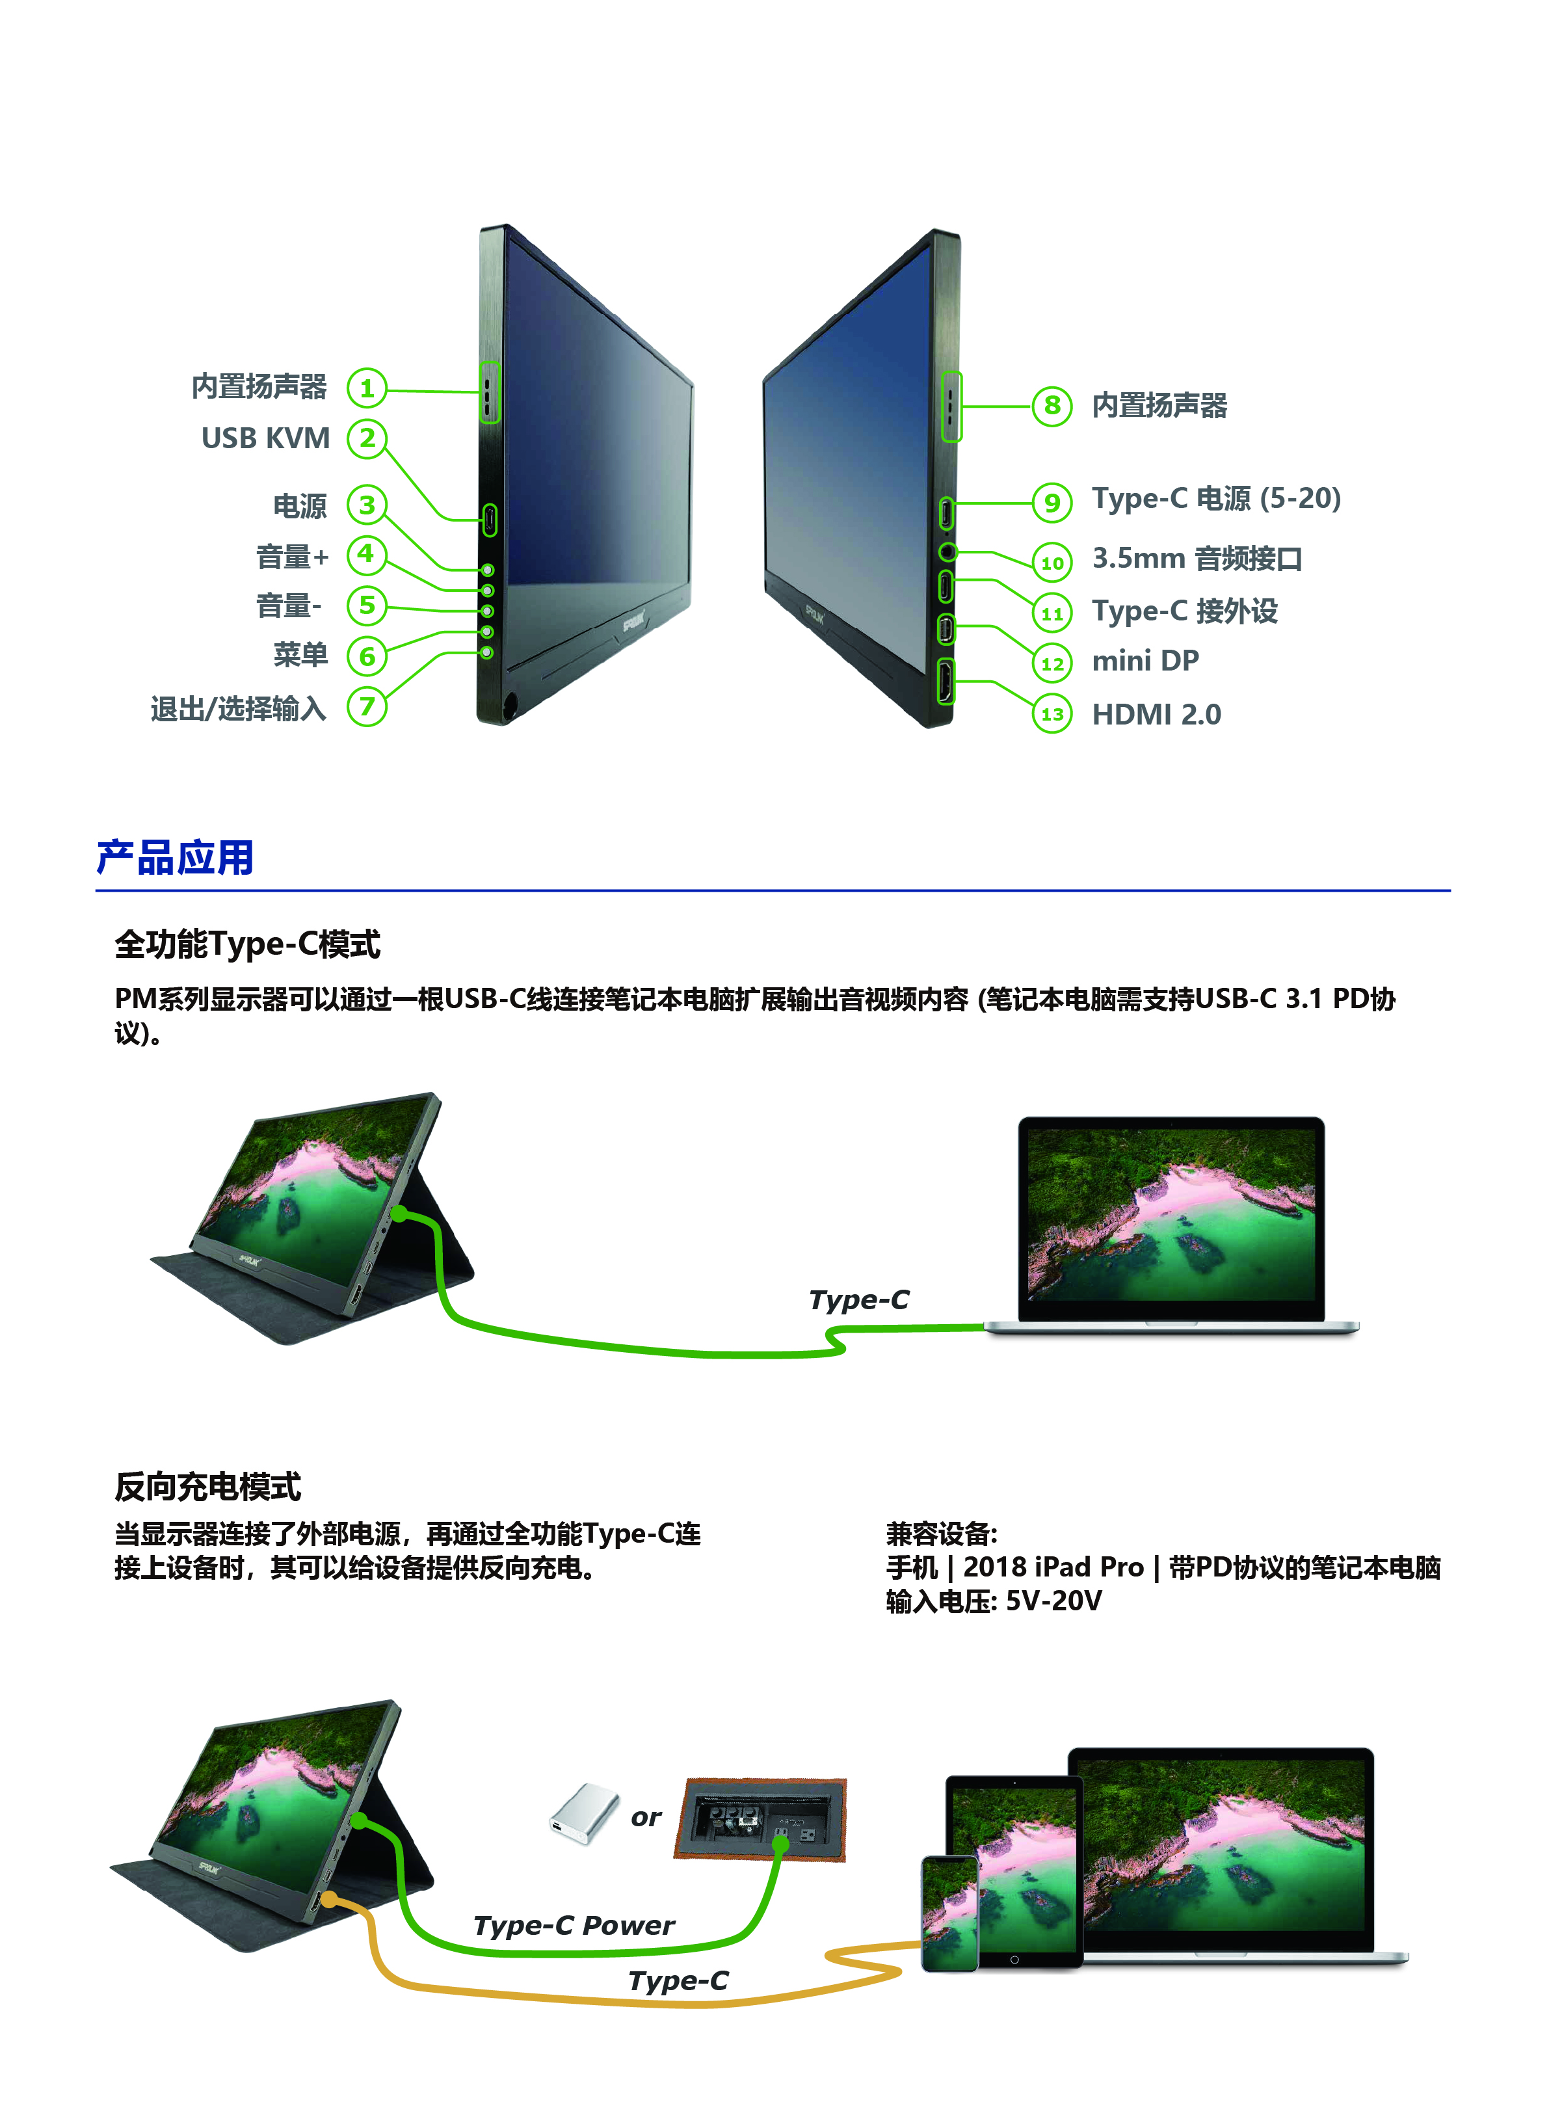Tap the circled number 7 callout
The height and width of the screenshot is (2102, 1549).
pos(367,706)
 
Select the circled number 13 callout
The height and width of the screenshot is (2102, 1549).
pos(1052,714)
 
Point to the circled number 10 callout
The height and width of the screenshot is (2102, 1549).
pos(1052,563)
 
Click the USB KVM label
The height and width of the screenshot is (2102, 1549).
pos(265,438)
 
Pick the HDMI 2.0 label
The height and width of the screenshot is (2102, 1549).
pos(1156,714)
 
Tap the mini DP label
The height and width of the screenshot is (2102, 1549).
pos(1145,661)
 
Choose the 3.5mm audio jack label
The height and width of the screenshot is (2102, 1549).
pos(1197,559)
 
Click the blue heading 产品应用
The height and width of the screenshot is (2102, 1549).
pos(176,858)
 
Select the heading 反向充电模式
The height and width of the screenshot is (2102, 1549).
pos(207,1486)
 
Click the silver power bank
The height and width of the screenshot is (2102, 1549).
pos(584,1813)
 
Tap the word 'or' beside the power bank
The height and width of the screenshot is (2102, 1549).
pos(646,1818)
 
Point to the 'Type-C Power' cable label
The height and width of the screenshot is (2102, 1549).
pos(574,1925)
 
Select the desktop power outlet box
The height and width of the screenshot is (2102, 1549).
pos(760,1819)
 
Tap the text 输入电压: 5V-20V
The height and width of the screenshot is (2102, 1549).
pos(994,1601)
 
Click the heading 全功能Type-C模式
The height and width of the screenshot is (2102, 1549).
pos(248,944)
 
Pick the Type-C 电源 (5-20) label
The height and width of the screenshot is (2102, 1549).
pos(1216,499)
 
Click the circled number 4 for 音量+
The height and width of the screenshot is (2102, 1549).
pos(367,554)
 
